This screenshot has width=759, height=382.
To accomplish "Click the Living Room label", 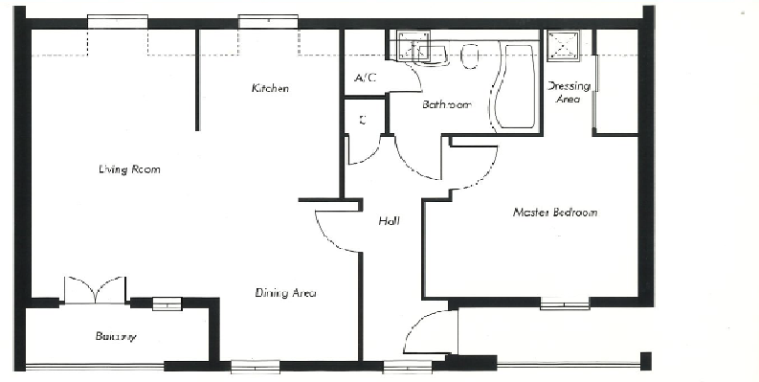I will pos(128,169).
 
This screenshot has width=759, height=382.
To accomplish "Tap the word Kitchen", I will pos(270,88).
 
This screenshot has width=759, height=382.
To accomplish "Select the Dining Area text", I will pos(286,293).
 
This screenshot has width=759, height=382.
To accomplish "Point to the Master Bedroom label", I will pos(554,212).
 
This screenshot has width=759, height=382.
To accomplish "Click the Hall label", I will pos(389,221).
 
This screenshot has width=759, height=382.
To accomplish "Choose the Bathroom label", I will pos(446,104).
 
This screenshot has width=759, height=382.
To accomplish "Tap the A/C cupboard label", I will pos(365,78).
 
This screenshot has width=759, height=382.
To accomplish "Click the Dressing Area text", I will pos(568,92).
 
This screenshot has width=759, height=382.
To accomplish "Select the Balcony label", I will pos(115,336).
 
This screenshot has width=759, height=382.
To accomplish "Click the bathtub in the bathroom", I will pos(513,87).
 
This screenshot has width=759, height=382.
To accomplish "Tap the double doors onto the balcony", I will pos(94,290).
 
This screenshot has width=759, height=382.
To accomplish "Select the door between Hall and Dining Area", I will pos(335,232).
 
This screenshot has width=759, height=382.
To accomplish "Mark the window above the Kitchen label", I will pos(267,21).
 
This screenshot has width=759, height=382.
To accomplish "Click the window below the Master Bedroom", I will pos(564,305).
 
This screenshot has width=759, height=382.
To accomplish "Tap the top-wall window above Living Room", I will pos(117,21).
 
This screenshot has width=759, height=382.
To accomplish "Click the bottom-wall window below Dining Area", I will pos(256,365).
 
